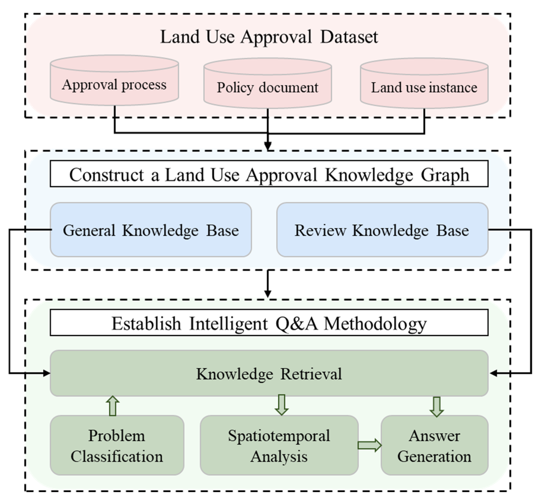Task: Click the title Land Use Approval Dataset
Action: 269,37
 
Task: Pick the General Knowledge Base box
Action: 151,230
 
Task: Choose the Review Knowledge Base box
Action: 382,230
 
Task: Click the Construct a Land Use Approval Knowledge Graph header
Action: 269,174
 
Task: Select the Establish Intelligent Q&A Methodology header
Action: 269,323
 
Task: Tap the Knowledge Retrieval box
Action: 269,374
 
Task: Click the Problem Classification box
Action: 117,446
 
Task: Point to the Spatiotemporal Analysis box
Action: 279,446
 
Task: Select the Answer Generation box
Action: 434,446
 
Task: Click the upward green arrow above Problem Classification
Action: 113,406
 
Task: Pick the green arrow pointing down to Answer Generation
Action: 436,406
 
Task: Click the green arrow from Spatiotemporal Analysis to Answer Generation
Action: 369,445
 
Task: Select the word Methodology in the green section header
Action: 375,324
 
